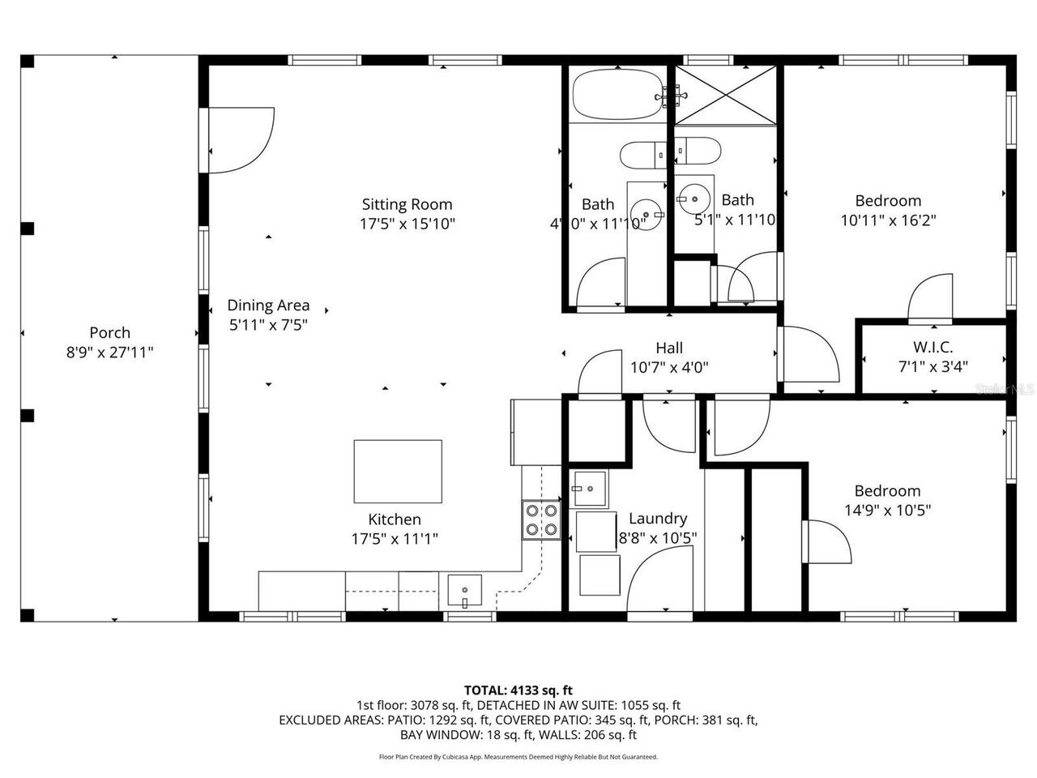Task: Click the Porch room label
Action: tap(109, 332)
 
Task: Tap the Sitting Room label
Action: tap(407, 204)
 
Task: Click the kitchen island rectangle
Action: tap(398, 471)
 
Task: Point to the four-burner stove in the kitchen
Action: tap(541, 520)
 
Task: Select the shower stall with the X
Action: tap(724, 96)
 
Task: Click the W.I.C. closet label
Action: tap(932, 347)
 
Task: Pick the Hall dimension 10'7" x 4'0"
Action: tap(669, 367)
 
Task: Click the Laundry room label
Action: tap(657, 519)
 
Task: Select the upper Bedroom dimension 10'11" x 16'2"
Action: tap(888, 220)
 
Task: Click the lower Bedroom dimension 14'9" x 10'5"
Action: tap(887, 511)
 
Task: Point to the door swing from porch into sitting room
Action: tap(239, 139)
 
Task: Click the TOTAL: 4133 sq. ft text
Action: tap(518, 690)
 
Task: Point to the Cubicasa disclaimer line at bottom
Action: tap(518, 757)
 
